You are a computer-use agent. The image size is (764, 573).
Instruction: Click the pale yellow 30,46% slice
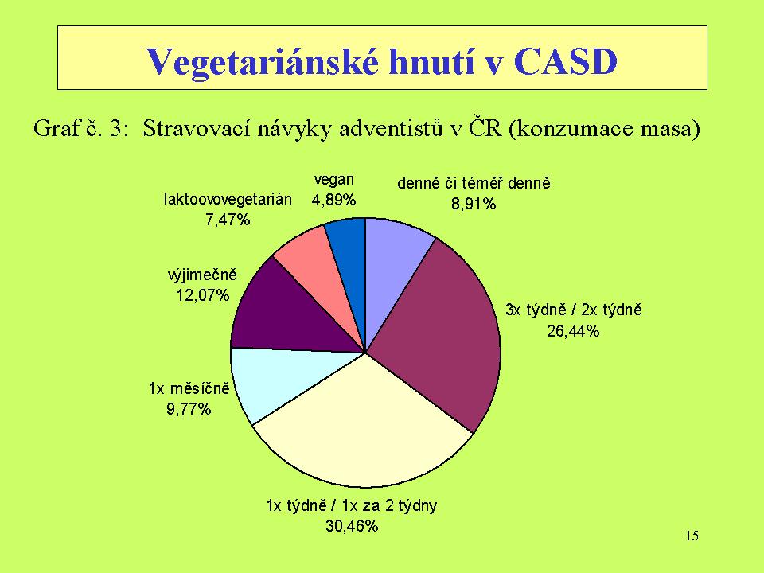click(363, 434)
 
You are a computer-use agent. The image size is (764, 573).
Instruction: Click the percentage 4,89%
click(333, 200)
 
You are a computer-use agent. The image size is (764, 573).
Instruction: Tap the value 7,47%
click(228, 220)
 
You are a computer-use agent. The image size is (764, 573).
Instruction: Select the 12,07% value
click(203, 294)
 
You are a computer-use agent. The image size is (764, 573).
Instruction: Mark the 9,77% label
click(189, 408)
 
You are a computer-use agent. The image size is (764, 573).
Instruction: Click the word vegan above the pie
click(333, 180)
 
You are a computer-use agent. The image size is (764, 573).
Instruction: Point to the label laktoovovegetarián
click(228, 199)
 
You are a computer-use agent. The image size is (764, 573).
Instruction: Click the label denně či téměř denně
click(474, 183)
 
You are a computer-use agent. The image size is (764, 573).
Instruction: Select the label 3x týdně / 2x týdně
click(574, 310)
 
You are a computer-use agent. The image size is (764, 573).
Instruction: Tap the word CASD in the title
click(565, 61)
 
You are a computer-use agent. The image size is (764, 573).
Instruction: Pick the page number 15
click(692, 536)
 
